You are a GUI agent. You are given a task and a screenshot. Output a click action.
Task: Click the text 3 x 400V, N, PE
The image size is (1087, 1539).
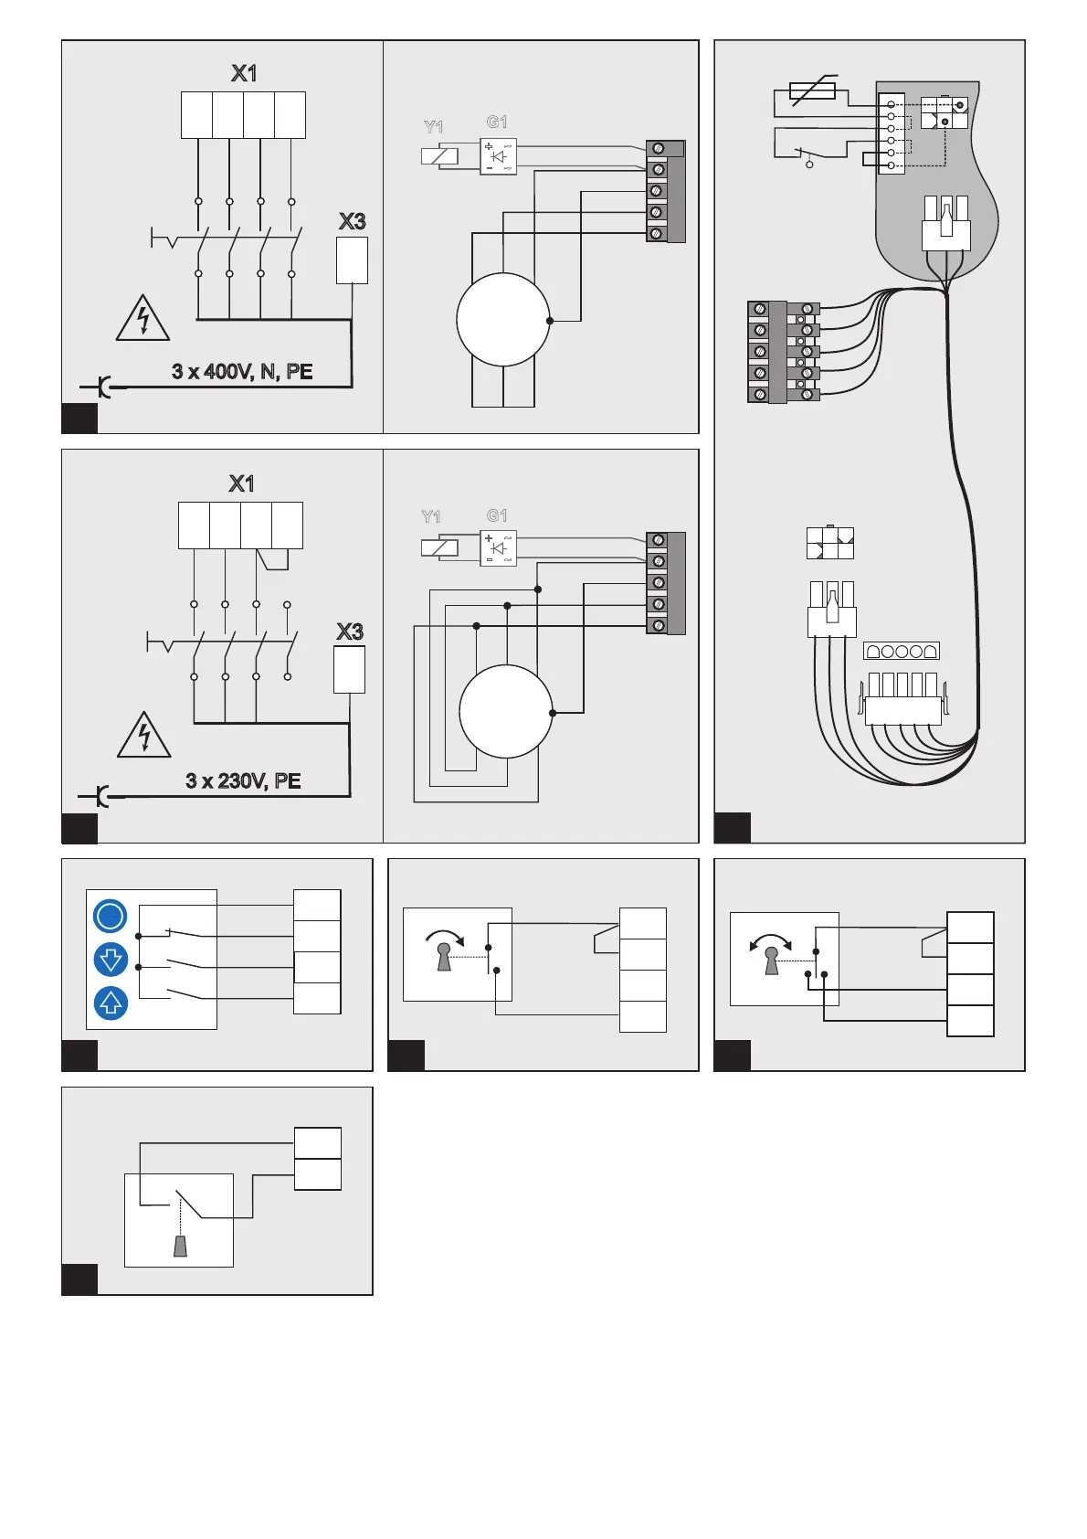242,372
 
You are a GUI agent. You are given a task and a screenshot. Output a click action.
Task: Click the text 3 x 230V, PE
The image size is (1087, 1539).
243,780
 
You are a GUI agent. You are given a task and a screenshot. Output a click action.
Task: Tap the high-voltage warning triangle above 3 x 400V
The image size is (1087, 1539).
142,319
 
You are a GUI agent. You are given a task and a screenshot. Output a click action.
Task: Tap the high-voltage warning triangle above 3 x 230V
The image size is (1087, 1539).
144,737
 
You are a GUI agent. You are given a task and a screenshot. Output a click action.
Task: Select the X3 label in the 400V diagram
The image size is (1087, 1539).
352,221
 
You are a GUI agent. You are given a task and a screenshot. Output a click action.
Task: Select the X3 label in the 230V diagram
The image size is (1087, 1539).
350,632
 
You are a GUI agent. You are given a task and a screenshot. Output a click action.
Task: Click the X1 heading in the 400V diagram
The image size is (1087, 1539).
243,73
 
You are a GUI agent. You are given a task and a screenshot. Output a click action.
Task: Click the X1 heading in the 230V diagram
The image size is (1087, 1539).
241,483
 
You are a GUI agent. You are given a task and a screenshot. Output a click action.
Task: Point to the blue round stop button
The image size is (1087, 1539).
111,917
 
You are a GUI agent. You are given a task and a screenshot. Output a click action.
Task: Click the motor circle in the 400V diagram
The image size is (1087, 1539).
502,320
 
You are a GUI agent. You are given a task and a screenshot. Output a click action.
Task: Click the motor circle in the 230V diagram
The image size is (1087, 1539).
505,712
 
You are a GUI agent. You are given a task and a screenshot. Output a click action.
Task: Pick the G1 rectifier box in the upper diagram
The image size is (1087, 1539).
498,156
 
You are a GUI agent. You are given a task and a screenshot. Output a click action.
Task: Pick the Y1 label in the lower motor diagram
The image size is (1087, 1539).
431,517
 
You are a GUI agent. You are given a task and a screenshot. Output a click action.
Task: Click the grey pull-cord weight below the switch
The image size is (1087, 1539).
181,1246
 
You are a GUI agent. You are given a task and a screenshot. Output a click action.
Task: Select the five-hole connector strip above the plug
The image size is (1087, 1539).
901,652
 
